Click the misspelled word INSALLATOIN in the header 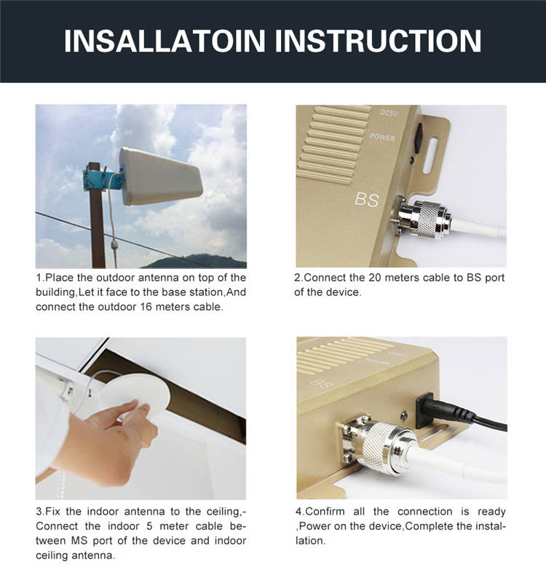coord(165,40)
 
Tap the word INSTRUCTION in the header coord(378,40)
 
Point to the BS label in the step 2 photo coord(367,200)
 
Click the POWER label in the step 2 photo coord(382,137)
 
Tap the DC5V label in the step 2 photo coord(389,112)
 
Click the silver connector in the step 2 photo coord(423,217)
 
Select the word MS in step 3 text coord(79,541)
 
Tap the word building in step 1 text coord(56,292)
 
